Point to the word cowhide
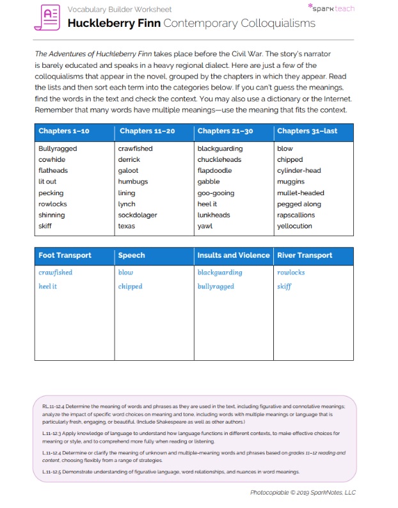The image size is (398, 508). (x=52, y=159)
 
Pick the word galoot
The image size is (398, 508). (x=128, y=171)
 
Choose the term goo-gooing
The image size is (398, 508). (x=216, y=193)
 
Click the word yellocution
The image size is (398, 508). (x=294, y=226)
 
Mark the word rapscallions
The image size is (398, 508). (x=295, y=215)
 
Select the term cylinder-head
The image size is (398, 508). (x=299, y=171)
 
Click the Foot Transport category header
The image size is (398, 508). (x=65, y=255)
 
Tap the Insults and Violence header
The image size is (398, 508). (x=233, y=255)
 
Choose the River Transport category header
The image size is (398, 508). (x=304, y=255)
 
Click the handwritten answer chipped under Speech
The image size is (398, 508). (x=130, y=287)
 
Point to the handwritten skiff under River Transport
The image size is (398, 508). (x=284, y=287)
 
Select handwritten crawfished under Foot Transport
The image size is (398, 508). (x=55, y=273)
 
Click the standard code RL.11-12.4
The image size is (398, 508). (x=53, y=406)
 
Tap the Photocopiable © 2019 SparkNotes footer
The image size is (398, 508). (x=303, y=493)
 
